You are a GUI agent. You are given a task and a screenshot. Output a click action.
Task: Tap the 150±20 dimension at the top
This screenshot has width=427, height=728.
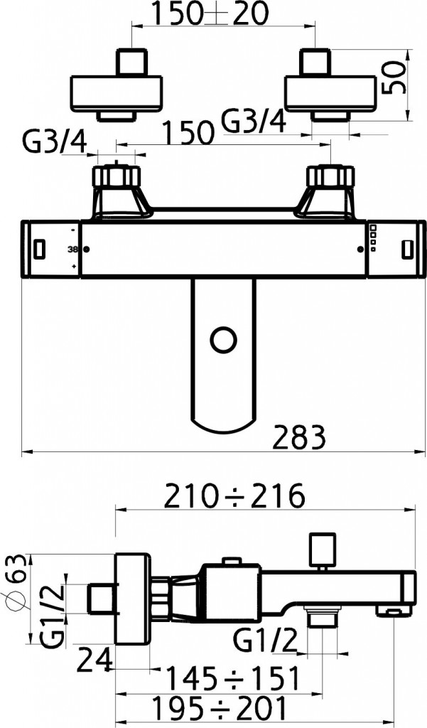tap(210, 14)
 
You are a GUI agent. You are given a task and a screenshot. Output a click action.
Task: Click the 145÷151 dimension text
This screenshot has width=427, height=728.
tap(232, 678)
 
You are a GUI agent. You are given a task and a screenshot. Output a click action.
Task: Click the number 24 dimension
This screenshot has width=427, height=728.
tap(94, 660)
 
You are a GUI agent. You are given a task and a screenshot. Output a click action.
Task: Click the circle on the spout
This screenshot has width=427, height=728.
tap(224, 341)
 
